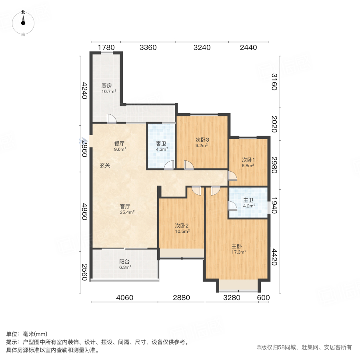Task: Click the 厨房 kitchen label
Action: (x=106, y=86)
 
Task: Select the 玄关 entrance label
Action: (x=105, y=165)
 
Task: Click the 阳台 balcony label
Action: (x=125, y=262)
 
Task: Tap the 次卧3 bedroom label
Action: (x=202, y=140)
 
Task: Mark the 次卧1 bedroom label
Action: (x=248, y=160)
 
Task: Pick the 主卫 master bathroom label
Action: (x=248, y=201)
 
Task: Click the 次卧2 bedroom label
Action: (x=182, y=225)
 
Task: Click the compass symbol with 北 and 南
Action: (x=23, y=23)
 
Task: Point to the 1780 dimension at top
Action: (x=106, y=48)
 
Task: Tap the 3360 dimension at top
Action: (x=148, y=48)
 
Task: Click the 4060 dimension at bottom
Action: (x=125, y=298)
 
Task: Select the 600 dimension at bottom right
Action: (x=264, y=298)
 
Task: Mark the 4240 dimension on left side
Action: (x=84, y=91)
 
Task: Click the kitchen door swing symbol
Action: (x=112, y=119)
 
